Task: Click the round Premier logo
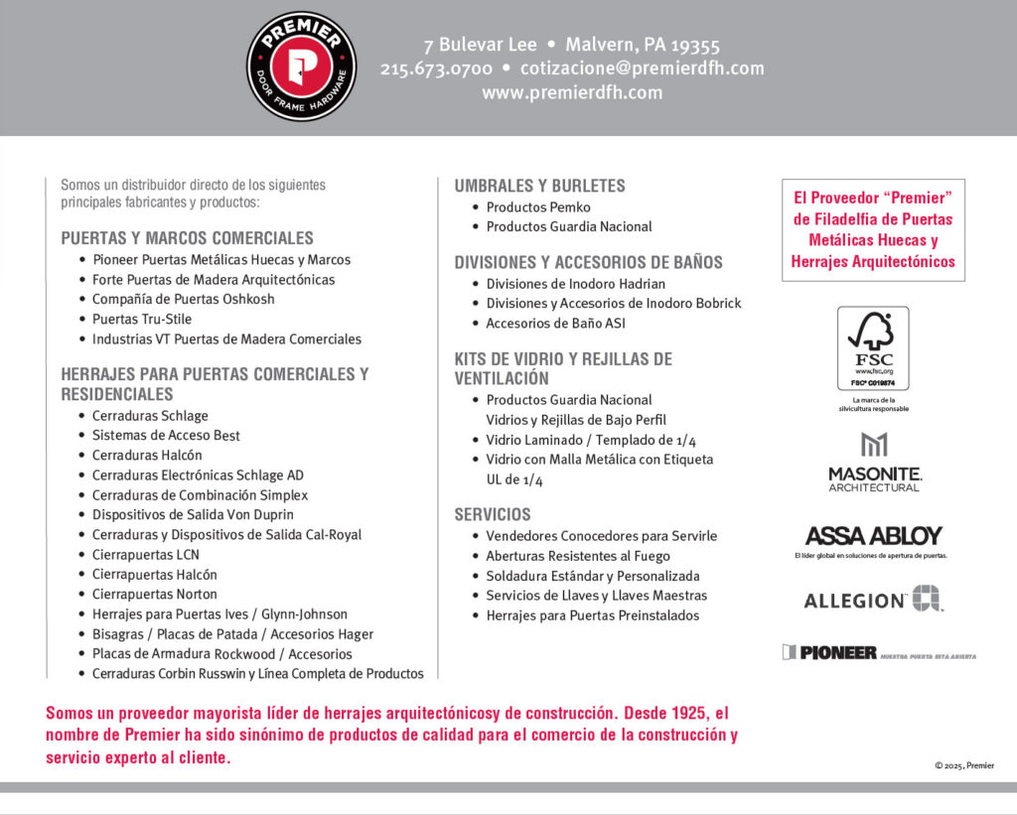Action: [x=301, y=67]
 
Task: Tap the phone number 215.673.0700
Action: [x=436, y=68]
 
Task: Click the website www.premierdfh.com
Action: [x=572, y=92]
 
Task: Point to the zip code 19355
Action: [x=693, y=45]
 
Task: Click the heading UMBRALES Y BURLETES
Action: [x=539, y=186]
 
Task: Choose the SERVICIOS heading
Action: [x=493, y=514]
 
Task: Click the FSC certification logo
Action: [x=873, y=348]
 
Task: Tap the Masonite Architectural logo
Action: [x=874, y=463]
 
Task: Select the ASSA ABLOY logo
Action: [x=874, y=536]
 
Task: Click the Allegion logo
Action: [x=873, y=600]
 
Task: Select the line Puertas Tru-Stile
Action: [x=142, y=319]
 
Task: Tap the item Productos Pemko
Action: [x=538, y=207]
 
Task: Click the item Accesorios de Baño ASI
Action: [x=555, y=324]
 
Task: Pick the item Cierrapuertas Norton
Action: [x=155, y=595]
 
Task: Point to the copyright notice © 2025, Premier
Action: [x=963, y=765]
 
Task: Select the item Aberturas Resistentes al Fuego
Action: [x=578, y=556]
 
